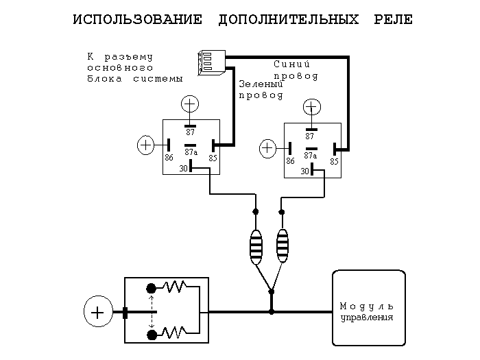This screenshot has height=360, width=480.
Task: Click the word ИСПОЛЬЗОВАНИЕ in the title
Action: [137, 19]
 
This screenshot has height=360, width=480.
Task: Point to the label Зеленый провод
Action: [261, 90]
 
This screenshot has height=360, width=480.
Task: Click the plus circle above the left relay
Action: [190, 104]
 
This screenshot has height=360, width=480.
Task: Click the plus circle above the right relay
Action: [312, 107]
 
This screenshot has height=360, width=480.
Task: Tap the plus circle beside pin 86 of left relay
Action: [146, 145]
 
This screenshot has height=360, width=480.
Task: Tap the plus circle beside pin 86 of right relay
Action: [268, 148]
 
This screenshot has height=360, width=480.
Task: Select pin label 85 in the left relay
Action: [213, 157]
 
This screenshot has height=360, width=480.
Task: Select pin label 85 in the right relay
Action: [335, 161]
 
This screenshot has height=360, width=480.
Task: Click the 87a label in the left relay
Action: [191, 152]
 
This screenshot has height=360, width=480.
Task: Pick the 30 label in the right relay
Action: [304, 171]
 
